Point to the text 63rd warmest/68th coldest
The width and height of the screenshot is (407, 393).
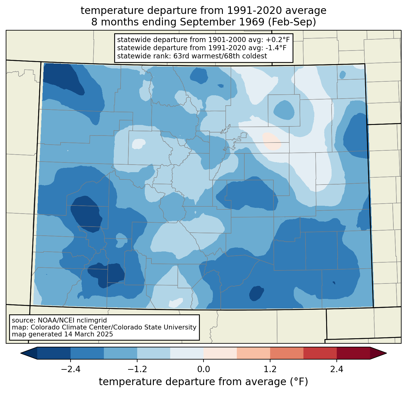click(x=220, y=56)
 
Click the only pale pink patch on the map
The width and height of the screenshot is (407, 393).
click(x=271, y=141)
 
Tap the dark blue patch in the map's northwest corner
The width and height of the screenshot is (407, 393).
click(x=63, y=78)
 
